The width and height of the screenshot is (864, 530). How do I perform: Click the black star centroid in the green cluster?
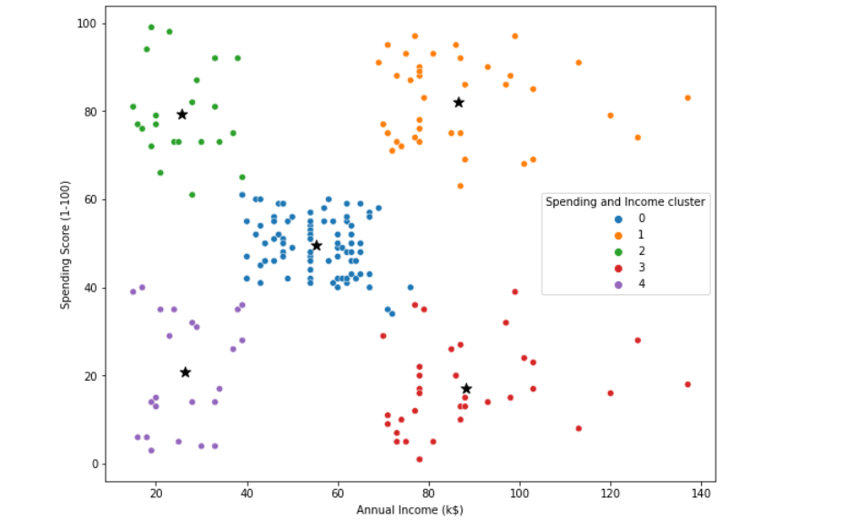tap(182, 115)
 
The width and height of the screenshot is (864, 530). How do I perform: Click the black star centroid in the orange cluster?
tap(459, 103)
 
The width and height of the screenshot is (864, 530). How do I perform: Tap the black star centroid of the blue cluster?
tap(317, 246)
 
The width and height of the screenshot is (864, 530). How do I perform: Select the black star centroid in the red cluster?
tap(466, 389)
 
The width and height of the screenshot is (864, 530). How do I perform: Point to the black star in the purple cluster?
tap(186, 372)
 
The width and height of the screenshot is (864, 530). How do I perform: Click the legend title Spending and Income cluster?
tap(625, 202)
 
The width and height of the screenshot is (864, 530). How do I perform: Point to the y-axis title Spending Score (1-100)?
tap(66, 243)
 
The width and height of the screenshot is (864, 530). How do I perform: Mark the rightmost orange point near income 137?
tap(687, 98)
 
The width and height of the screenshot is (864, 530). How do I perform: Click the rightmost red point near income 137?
tap(687, 384)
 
